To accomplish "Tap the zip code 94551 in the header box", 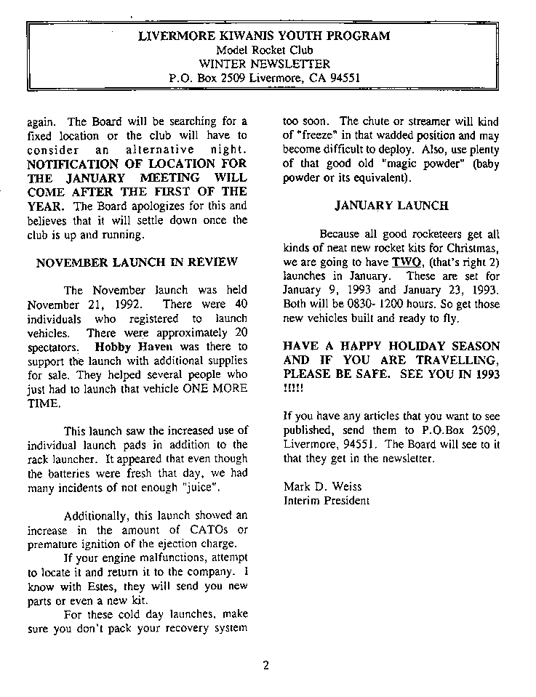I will (345, 77).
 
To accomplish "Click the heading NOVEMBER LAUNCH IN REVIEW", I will (137, 262).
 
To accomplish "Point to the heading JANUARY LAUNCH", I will (391, 206).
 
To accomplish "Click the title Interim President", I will (326, 501).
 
